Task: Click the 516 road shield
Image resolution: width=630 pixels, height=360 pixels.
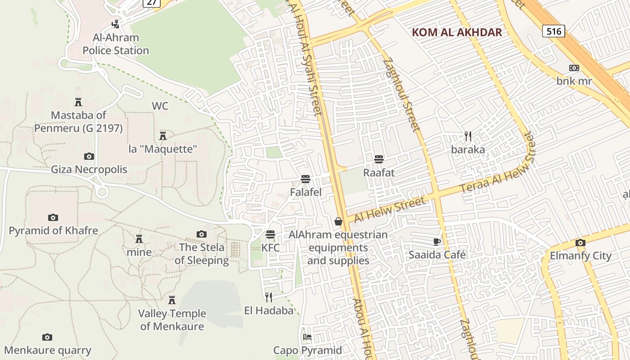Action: click(x=553, y=31)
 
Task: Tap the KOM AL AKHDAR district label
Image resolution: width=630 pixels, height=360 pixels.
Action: click(x=457, y=32)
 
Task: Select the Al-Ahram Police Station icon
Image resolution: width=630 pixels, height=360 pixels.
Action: click(x=116, y=24)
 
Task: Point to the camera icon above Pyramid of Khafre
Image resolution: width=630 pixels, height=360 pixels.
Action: click(x=53, y=218)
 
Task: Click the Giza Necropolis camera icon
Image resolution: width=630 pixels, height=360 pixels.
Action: click(x=89, y=157)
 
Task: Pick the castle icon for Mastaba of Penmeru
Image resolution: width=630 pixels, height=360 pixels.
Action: click(x=78, y=102)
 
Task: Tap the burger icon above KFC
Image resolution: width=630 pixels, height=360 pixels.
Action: click(x=270, y=234)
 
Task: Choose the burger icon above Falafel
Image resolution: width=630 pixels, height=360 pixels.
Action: click(x=306, y=179)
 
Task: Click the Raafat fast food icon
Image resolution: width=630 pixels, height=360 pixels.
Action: click(x=379, y=159)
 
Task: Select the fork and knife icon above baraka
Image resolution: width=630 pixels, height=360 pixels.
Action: click(x=468, y=136)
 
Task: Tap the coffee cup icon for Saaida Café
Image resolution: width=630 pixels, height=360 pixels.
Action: click(x=436, y=242)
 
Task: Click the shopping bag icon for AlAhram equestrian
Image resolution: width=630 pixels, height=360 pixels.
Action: click(x=338, y=221)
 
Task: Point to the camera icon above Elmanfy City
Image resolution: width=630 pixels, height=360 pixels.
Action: click(x=580, y=243)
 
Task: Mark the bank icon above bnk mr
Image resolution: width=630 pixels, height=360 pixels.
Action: click(x=574, y=68)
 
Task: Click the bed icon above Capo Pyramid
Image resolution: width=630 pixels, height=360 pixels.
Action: click(x=307, y=337)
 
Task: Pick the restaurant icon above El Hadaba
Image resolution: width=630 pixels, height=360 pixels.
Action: click(x=269, y=297)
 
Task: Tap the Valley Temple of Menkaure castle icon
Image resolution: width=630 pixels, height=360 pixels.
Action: click(x=171, y=300)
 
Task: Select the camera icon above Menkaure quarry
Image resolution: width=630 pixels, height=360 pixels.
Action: click(x=47, y=337)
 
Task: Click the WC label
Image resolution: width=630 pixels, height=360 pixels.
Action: click(x=160, y=106)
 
